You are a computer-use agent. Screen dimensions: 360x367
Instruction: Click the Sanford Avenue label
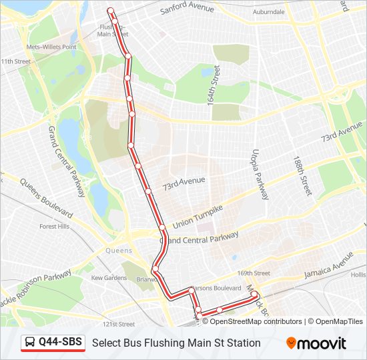pos(188,9)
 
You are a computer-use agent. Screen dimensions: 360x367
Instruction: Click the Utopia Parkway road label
pos(259,175)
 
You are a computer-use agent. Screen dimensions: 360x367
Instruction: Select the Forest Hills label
pos(54,227)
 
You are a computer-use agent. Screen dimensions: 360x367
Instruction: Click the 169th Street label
pos(254,273)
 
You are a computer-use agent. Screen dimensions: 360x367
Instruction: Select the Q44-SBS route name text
pos(60,343)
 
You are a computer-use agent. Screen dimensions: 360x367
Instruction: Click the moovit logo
pos(316,343)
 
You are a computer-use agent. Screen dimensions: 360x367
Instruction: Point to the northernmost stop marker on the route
pos(111,10)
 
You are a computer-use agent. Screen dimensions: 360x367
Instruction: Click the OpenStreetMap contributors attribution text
pos(252,321)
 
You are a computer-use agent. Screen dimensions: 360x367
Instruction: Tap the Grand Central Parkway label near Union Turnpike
pos(199,237)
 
